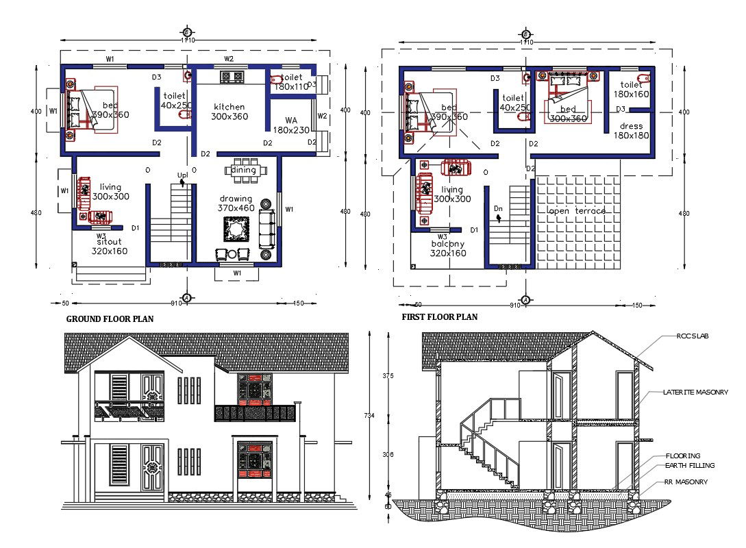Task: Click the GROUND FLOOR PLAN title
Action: click(110, 319)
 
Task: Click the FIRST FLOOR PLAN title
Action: click(439, 317)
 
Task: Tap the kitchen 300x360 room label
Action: click(229, 112)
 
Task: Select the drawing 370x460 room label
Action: click(236, 203)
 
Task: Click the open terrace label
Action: click(577, 211)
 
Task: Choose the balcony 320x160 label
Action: click(448, 248)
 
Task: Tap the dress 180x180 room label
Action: click(631, 131)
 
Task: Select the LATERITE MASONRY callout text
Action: click(695, 393)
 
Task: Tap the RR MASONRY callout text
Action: click(685, 482)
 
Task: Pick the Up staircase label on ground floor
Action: click(182, 175)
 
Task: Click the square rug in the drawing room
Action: click(236, 229)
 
